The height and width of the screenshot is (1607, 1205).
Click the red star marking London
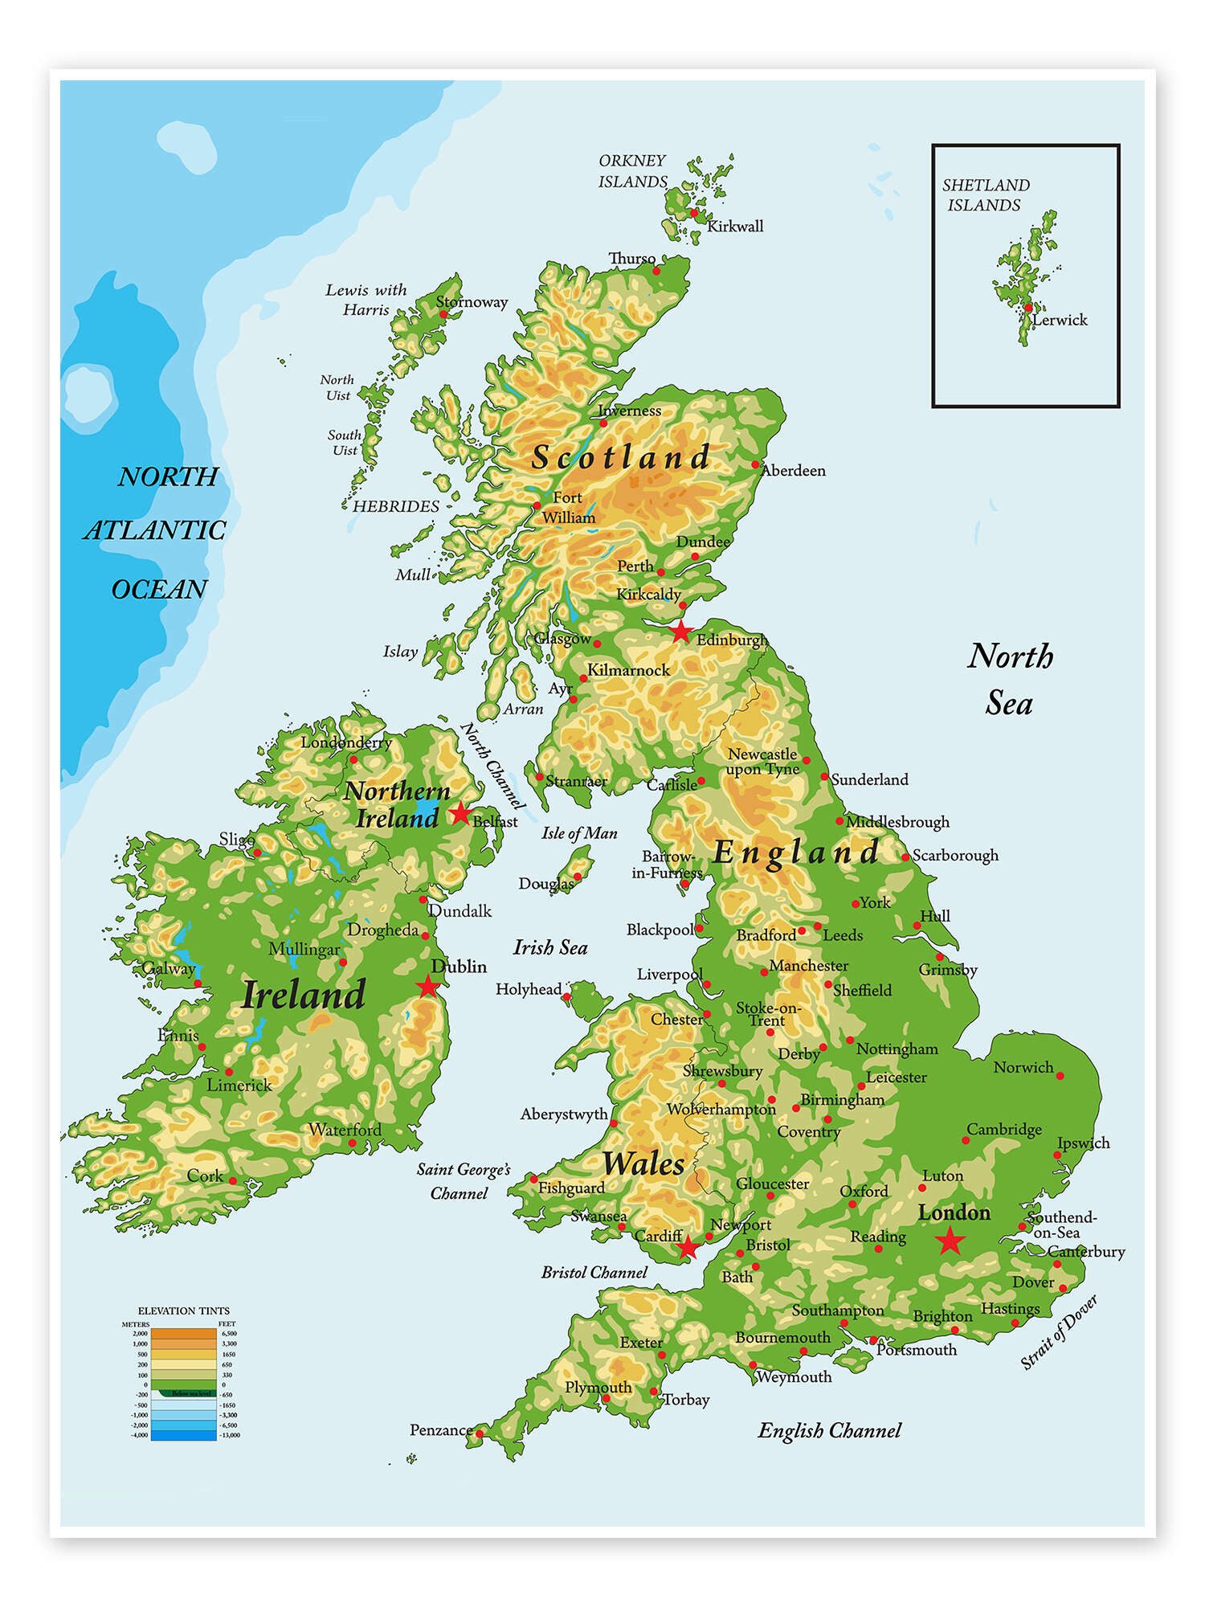[x=950, y=1241]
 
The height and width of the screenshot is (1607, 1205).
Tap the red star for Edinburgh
[x=680, y=631]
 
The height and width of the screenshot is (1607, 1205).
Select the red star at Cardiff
[x=688, y=1248]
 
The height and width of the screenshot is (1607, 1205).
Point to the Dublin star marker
[x=427, y=986]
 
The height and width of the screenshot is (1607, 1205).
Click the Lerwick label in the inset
[x=1060, y=320]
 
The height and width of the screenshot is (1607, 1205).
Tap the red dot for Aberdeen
[x=755, y=464]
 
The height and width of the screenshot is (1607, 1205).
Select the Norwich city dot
[x=1060, y=1075]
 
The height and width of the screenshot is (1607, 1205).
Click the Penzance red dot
[x=480, y=1433]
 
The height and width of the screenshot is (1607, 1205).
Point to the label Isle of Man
[x=579, y=832]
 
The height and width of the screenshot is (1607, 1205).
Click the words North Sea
[x=1010, y=680]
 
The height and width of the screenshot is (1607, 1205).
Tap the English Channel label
[x=829, y=1430]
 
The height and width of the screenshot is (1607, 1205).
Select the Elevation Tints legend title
[x=183, y=1311]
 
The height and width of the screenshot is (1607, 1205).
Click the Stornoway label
[x=472, y=302]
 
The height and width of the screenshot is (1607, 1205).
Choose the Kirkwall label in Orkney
[x=734, y=227]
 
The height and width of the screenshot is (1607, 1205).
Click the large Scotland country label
[x=620, y=457]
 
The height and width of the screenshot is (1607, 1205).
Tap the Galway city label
[x=168, y=968]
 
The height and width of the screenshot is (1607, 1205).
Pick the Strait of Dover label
[x=1058, y=1332]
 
